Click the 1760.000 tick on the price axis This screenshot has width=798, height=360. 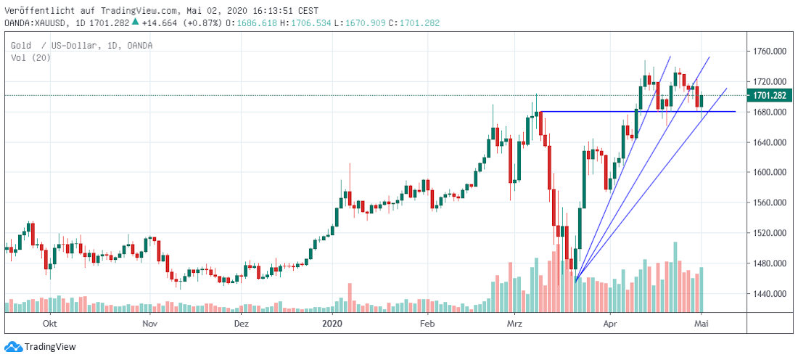[x=770, y=52]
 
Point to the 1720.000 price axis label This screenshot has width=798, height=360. [x=770, y=81]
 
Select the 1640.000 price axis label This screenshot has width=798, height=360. [x=770, y=142]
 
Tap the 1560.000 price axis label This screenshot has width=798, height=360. [x=770, y=203]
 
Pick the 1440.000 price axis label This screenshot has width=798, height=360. [x=770, y=294]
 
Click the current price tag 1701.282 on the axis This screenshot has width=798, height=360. [x=770, y=95]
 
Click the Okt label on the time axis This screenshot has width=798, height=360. [x=50, y=322]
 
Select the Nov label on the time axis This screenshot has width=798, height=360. [x=149, y=322]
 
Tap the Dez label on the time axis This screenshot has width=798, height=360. [x=242, y=322]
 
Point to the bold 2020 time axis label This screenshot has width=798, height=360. [x=332, y=322]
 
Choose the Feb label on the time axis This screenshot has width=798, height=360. [x=427, y=322]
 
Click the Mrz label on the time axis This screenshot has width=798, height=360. [x=515, y=322]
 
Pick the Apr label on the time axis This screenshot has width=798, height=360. [x=610, y=322]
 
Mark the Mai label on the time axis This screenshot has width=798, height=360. [x=702, y=322]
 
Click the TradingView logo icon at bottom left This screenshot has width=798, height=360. [x=13, y=347]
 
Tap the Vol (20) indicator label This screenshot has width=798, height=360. [x=30, y=58]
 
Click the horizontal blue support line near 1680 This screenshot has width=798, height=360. [x=638, y=111]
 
